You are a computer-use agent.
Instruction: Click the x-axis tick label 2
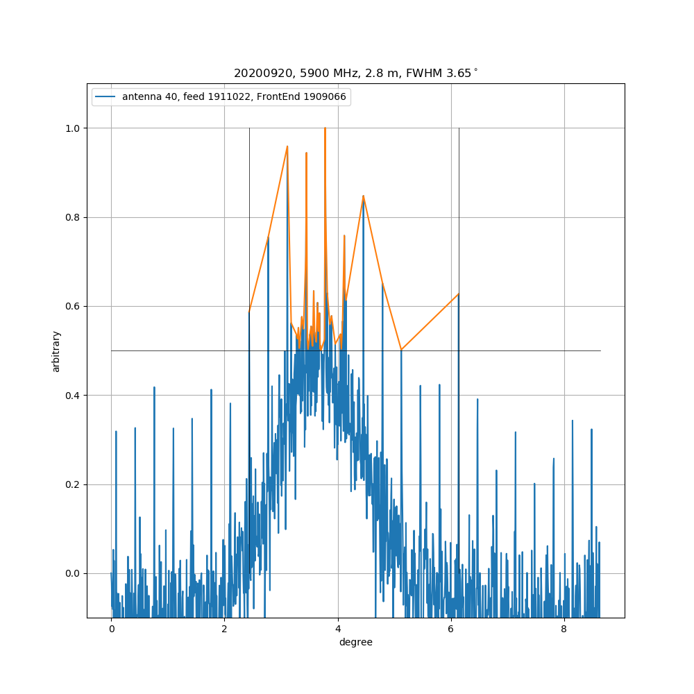tap(224, 629)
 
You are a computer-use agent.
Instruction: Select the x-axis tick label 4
tap(338, 629)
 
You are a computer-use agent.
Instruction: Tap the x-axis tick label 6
tap(451, 629)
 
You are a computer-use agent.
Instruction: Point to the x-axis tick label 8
tap(564, 629)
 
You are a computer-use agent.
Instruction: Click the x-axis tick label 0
tap(111, 629)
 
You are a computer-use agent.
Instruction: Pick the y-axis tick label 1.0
tap(73, 128)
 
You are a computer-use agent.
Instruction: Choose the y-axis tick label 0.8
tap(73, 217)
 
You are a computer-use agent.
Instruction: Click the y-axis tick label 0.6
tap(73, 306)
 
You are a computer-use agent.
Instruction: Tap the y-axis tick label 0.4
tap(73, 396)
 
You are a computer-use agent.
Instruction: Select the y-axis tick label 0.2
tap(73, 484)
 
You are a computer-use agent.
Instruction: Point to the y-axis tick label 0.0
tap(73, 573)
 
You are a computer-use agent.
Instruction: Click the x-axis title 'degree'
tap(355, 643)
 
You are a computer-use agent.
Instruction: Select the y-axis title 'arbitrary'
tap(56, 351)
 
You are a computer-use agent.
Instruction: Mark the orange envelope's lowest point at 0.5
tap(401, 350)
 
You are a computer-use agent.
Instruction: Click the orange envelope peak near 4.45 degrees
tap(363, 196)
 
